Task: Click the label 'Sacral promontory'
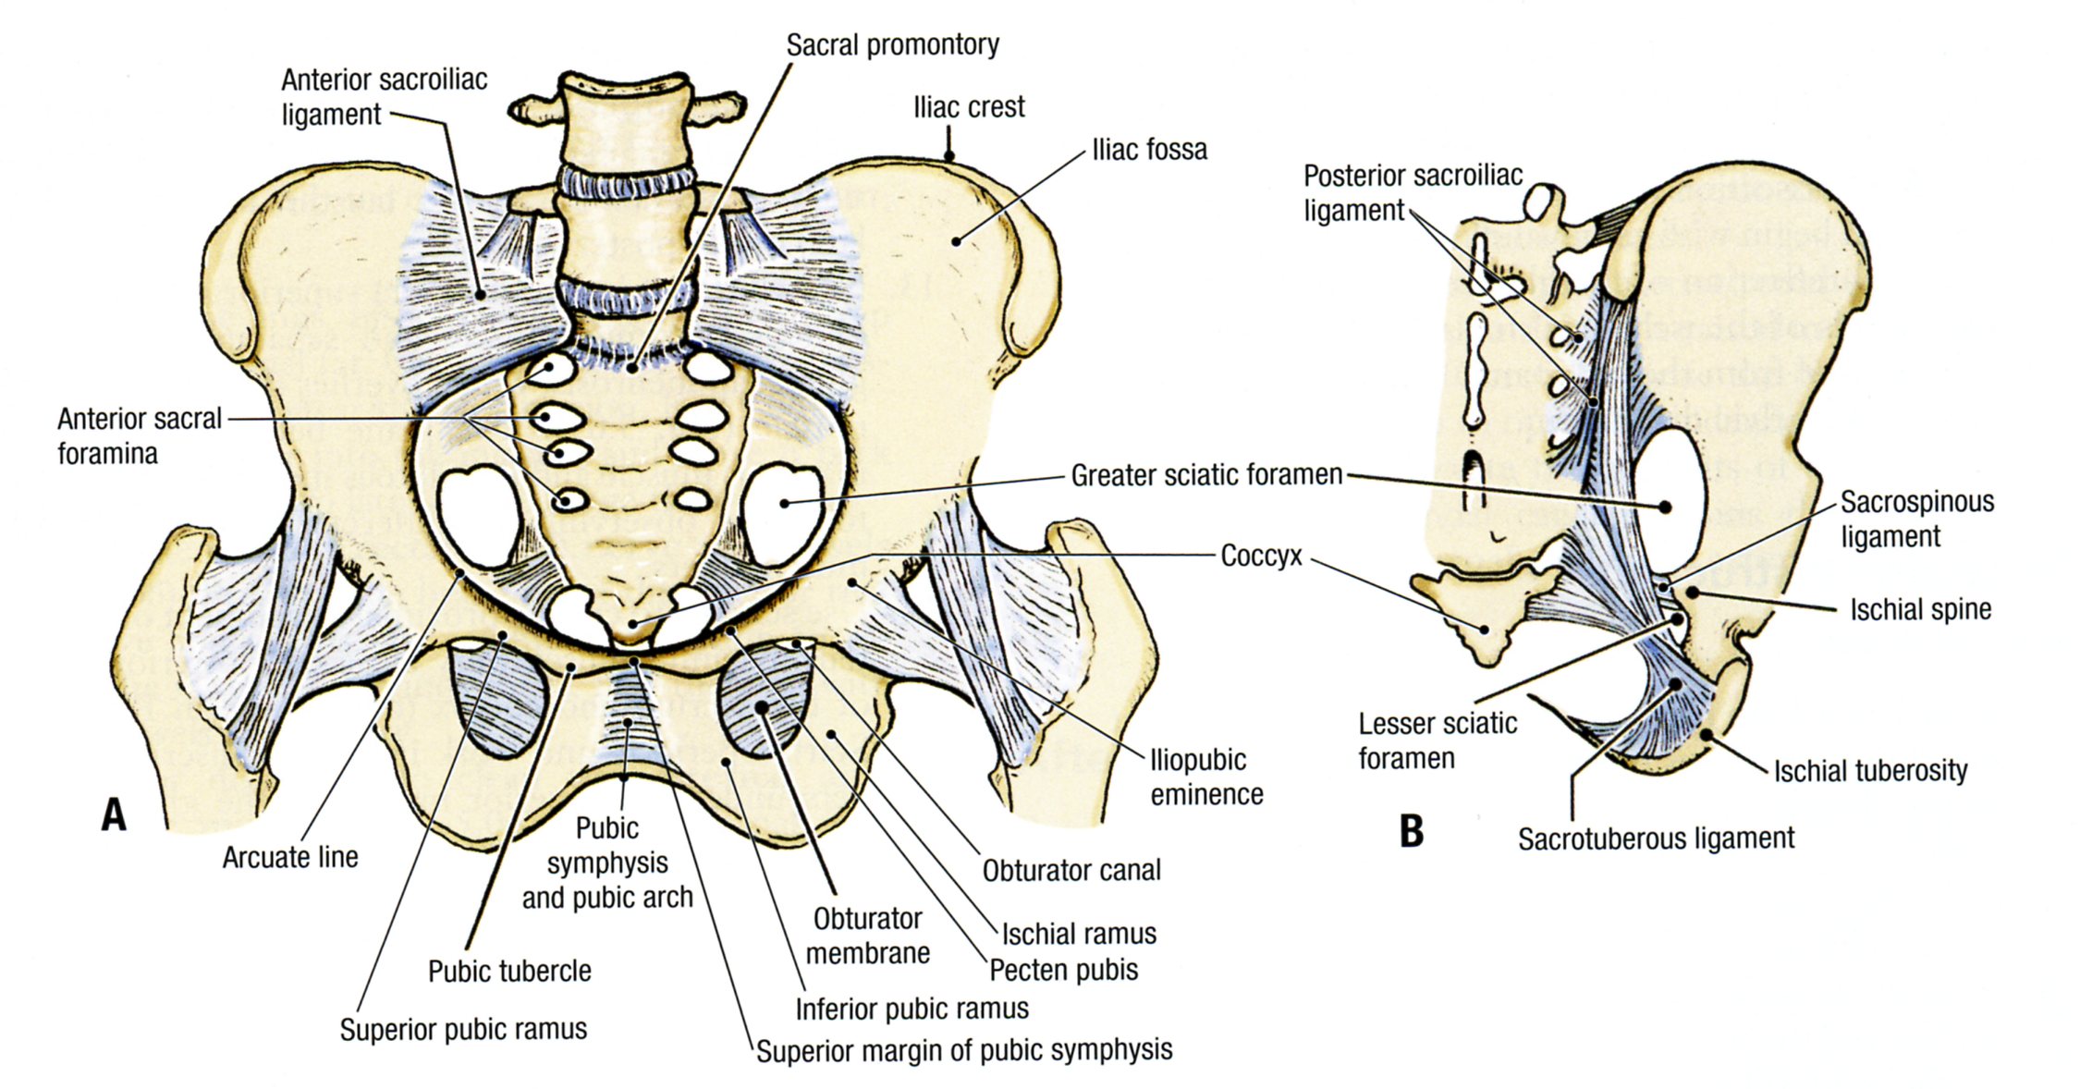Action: click(892, 44)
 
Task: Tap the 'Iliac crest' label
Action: click(968, 107)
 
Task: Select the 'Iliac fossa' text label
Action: click(1149, 150)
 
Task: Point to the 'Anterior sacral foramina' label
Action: click(139, 435)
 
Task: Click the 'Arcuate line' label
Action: click(289, 858)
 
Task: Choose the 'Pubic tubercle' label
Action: click(509, 972)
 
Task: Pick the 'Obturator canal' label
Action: click(1071, 871)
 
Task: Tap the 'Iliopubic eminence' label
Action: click(1205, 777)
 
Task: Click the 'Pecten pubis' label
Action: click(1063, 971)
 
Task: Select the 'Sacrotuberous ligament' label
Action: click(1656, 839)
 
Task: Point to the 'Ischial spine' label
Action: click(1920, 610)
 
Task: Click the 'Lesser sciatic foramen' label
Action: click(1437, 740)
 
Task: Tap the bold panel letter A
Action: click(114, 815)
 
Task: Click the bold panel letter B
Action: click(1411, 831)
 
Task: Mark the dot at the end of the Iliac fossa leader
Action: click(958, 242)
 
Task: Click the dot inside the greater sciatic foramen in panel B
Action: click(1665, 507)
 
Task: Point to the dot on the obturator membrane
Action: click(762, 708)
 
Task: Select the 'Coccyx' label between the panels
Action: click(1261, 557)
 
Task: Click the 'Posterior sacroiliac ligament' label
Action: click(1412, 192)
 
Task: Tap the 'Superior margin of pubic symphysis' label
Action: click(964, 1051)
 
